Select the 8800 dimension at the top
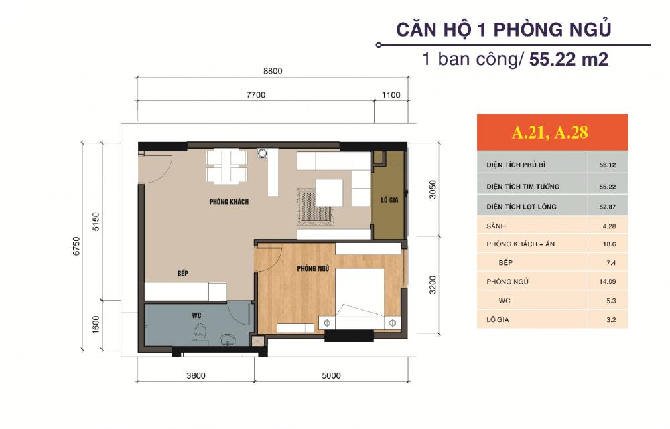point(272,71)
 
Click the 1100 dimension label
point(391,95)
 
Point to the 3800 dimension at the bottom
point(196,375)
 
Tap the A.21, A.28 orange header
point(549,133)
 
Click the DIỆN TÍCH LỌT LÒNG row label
point(521,207)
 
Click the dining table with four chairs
point(224,166)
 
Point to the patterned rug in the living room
point(310,205)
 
